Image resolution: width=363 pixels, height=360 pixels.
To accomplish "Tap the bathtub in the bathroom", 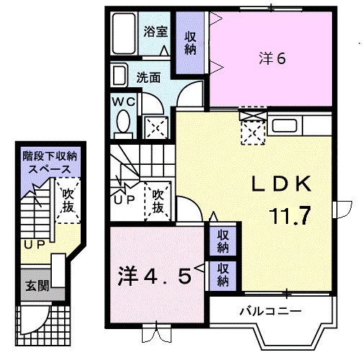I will pyautogui.click(x=125, y=32).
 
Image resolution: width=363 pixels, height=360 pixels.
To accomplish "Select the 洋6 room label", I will pyautogui.click(x=272, y=59).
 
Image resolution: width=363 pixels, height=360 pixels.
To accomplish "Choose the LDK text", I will pyautogui.click(x=280, y=185).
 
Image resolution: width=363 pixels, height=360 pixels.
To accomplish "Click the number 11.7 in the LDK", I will pyautogui.click(x=291, y=215).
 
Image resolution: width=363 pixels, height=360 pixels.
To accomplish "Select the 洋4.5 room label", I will pyautogui.click(x=155, y=275).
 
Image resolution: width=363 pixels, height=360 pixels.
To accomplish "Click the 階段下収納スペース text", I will pyautogui.click(x=50, y=161).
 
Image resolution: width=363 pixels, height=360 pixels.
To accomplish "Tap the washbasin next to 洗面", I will pyautogui.click(x=121, y=76).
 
